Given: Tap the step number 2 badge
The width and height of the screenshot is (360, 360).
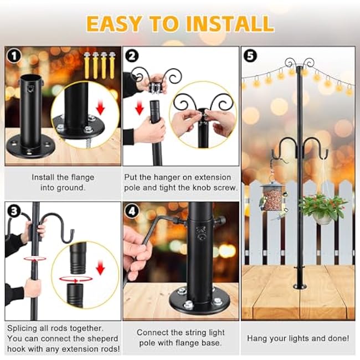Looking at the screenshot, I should pos(131,56).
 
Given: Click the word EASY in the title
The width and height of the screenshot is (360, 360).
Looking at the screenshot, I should pos(116,23).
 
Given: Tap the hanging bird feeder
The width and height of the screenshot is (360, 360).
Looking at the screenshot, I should pos(271,197).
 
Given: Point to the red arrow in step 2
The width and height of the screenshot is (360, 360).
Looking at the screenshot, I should pos(140,105).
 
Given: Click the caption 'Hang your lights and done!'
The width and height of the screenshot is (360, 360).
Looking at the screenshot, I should pos(298,338).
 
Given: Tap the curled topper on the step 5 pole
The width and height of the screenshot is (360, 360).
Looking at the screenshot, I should pos(300,64).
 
